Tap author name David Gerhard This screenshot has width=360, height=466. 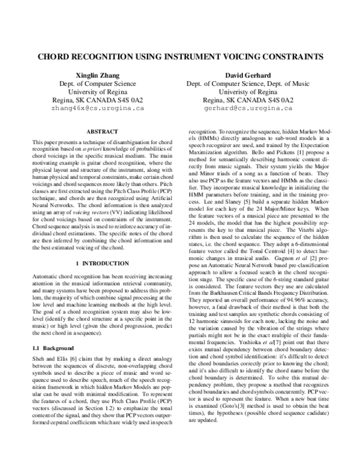[x=248, y=76]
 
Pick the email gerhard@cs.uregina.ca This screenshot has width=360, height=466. [x=248, y=109]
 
